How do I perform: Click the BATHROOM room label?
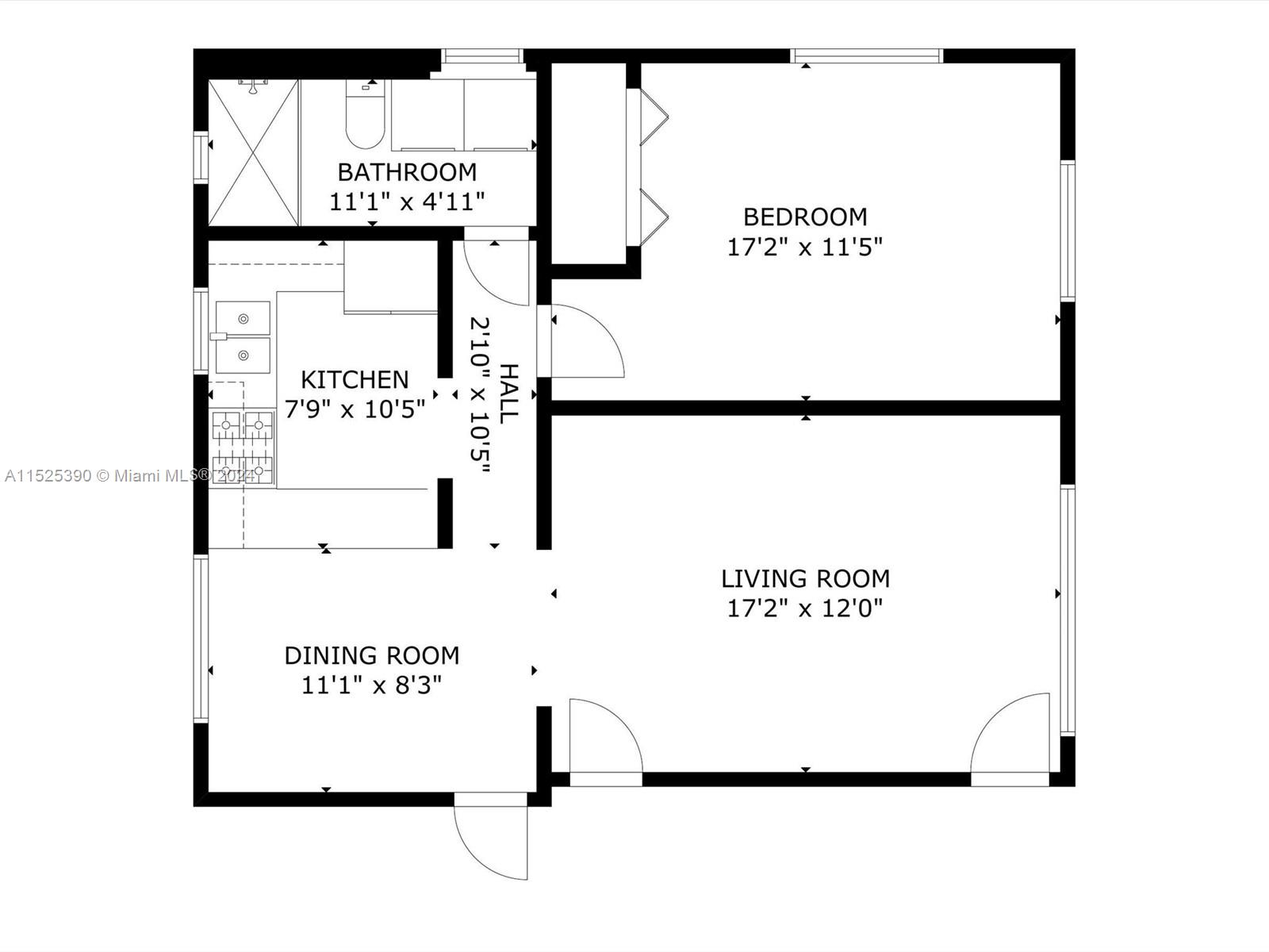(407, 172)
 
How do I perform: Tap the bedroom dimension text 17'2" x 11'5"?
(805, 248)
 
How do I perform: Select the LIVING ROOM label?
(805, 578)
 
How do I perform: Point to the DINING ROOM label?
(372, 655)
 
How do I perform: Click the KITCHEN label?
(355, 380)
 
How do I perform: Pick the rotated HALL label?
(508, 394)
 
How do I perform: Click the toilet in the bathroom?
(366, 114)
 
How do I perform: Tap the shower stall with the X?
(253, 152)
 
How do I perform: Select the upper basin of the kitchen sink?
(243, 318)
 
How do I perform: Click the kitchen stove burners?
(243, 447)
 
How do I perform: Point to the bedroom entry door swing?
(588, 341)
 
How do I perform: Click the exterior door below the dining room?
(491, 835)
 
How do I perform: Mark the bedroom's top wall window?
(867, 56)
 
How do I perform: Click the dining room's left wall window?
(201, 639)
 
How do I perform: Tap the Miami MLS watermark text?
(129, 476)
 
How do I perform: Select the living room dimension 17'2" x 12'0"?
(805, 608)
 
